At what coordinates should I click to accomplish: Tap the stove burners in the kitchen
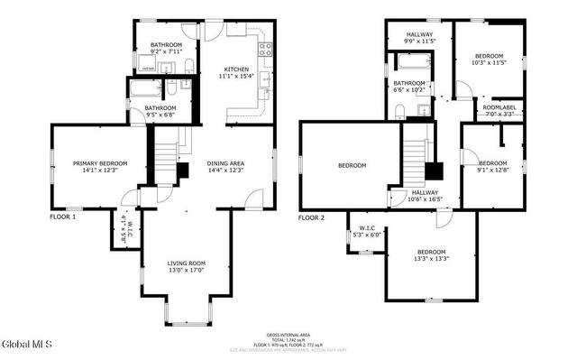point(266,50)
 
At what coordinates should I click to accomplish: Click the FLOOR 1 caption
point(62,217)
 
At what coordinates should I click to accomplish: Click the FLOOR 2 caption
point(311,217)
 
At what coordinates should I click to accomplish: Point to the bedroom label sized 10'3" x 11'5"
point(489,59)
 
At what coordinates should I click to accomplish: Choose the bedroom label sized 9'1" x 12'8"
point(493,166)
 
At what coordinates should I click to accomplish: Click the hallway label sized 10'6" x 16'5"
point(425,196)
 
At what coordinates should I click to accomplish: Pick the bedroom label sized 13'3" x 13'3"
point(430,255)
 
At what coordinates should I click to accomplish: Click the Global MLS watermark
point(27,344)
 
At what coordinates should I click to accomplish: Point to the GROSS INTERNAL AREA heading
point(288,333)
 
